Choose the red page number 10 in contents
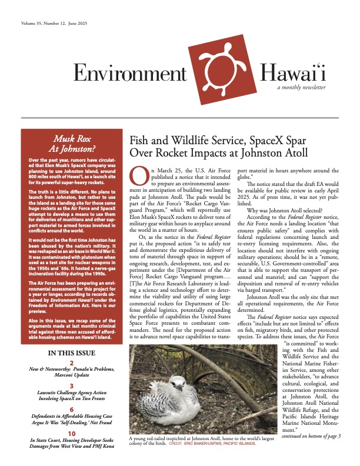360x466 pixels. click(71, 433)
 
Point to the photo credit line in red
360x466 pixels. click(219, 442)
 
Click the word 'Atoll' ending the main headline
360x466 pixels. click(292, 154)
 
